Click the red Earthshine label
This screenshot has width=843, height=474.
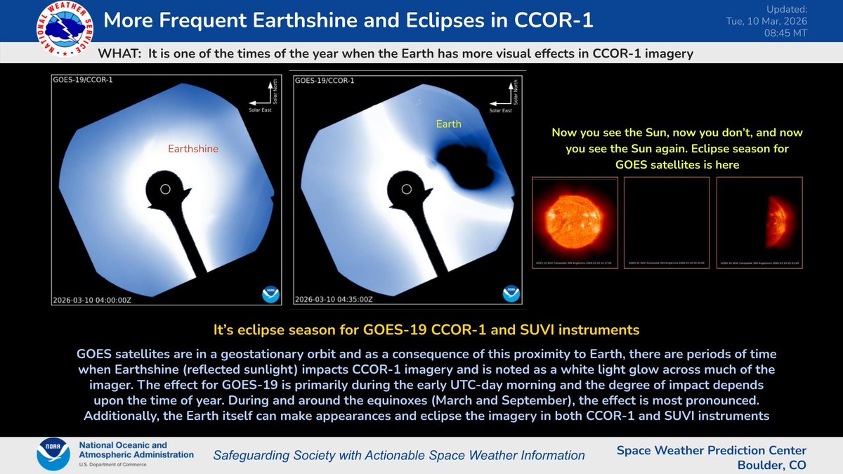192,149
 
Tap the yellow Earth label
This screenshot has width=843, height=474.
448,124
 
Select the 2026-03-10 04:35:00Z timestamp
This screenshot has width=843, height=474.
333,300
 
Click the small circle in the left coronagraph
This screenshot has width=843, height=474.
165,189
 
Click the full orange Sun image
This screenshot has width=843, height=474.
575,215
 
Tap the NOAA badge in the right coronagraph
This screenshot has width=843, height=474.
511,294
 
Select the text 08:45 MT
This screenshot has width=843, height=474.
788,32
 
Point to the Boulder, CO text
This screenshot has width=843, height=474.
771,465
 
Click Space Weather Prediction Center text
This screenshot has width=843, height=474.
711,450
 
